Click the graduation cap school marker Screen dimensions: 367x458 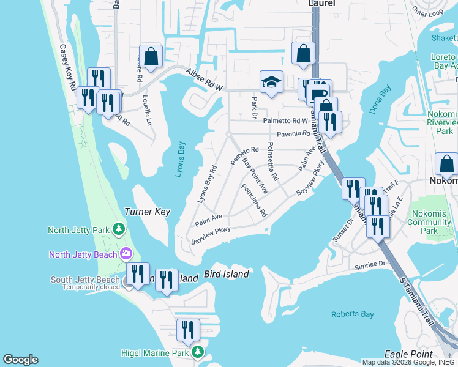pyautogui.click(x=271, y=83)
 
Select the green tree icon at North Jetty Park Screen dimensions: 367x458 pyautogui.click(x=119, y=230)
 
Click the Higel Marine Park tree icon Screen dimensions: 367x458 pyautogui.click(x=197, y=352)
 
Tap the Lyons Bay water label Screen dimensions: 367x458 pyautogui.click(x=179, y=160)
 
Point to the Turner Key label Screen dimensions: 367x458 pyautogui.click(x=147, y=212)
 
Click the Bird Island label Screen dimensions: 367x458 pyautogui.click(x=226, y=274)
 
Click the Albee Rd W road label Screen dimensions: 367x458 pyautogui.click(x=204, y=79)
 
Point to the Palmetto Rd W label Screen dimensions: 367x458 pyautogui.click(x=285, y=120)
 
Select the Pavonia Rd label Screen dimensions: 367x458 pyautogui.click(x=294, y=133)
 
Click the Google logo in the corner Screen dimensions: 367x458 pyautogui.click(x=20, y=360)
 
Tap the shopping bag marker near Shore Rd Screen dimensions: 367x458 pyautogui.click(x=151, y=57)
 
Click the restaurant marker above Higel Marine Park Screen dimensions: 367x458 pyautogui.click(x=188, y=330)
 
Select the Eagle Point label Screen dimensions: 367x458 pyautogui.click(x=407, y=354)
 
